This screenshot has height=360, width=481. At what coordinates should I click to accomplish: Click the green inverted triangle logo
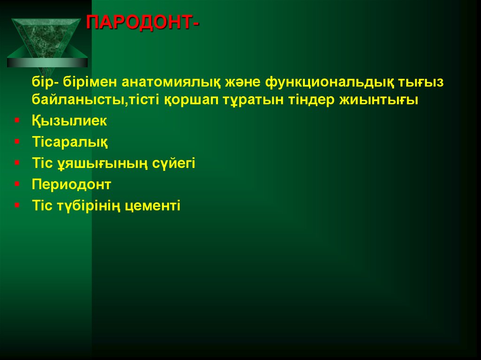47,40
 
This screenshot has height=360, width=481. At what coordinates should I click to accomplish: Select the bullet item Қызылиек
70,121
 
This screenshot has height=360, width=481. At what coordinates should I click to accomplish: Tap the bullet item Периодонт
71,184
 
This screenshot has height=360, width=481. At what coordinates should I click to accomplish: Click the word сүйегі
173,163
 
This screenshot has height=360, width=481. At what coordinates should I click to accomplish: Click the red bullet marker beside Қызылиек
16,121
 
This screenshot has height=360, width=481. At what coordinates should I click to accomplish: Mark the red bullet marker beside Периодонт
16,184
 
